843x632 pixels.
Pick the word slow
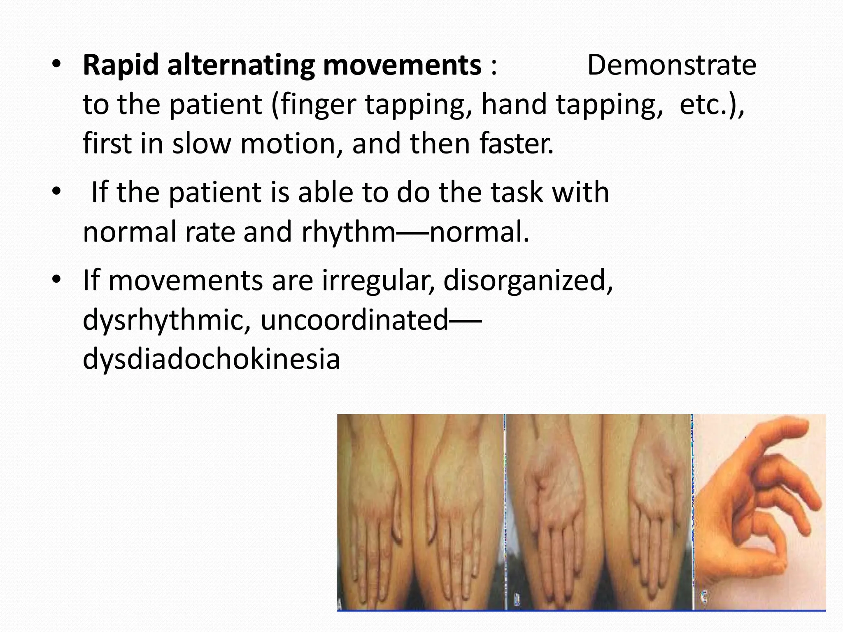coord(201,144)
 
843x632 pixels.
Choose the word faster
coord(516,144)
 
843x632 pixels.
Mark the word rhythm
coord(348,232)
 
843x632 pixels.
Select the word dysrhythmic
coord(167,320)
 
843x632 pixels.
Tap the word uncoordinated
coord(354,320)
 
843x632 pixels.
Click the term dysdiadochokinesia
coord(211,359)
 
